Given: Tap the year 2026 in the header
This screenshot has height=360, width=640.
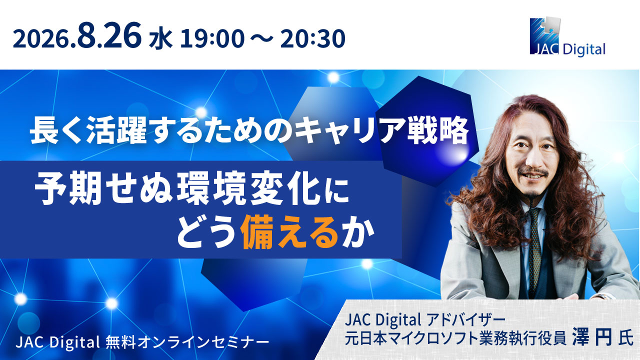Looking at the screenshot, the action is point(42,39).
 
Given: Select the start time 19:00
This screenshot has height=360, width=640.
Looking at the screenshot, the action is point(212,39).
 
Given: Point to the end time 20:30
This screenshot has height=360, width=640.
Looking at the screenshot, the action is point(312,39).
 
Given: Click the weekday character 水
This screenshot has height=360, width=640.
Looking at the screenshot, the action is point(160,39).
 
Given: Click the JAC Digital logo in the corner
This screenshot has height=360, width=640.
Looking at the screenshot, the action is point(567,36).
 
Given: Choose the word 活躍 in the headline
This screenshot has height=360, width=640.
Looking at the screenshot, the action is point(116,130).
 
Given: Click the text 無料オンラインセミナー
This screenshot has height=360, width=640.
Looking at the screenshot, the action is point(187,341).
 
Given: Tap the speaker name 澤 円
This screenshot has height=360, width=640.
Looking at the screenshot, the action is point(592,338).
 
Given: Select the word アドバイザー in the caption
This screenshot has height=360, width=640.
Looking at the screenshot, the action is point(465,320).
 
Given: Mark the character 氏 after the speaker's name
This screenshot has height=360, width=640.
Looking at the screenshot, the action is point(625,339).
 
